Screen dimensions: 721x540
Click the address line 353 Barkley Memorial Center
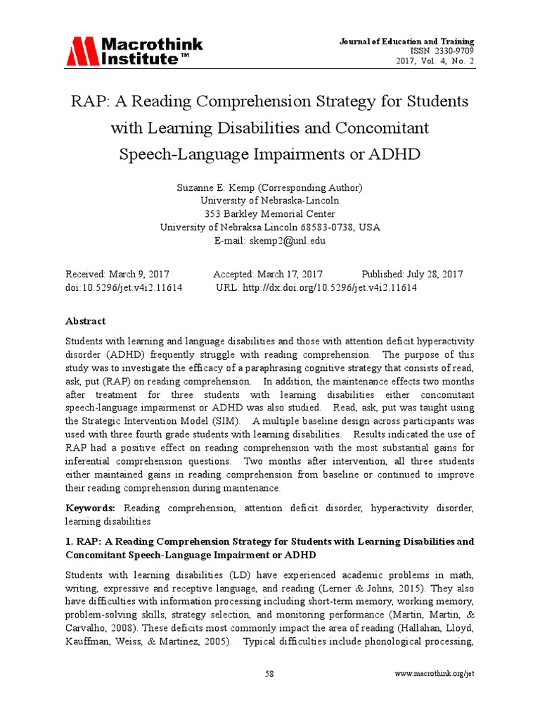(269, 214)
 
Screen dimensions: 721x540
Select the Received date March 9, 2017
(139, 274)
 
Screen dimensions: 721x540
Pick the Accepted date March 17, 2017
(289, 274)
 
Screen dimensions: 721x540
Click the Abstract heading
(86, 321)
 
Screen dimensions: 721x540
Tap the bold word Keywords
(91, 508)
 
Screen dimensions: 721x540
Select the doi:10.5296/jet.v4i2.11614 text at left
(124, 288)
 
